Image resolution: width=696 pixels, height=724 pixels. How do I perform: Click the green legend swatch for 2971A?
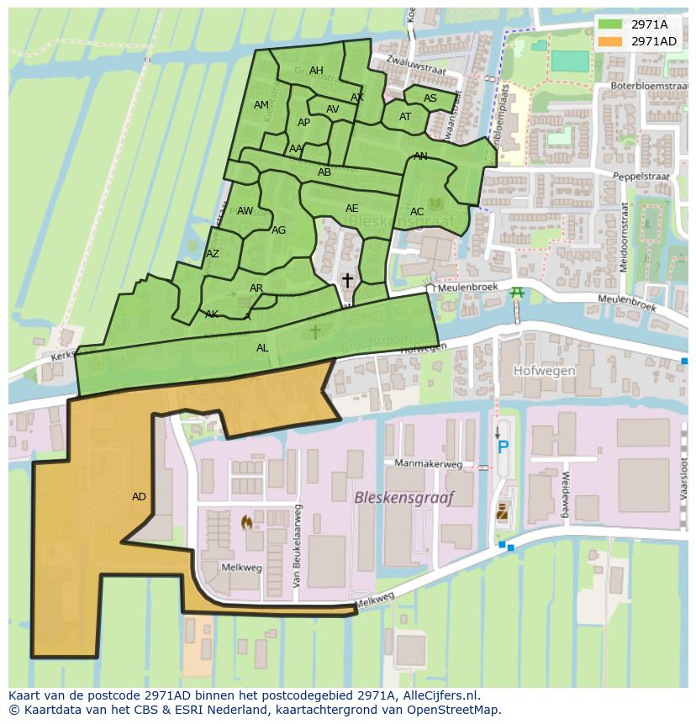[x=610, y=24]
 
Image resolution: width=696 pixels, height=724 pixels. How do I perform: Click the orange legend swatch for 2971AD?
[x=610, y=41]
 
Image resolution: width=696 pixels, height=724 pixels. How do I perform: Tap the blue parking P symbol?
[x=503, y=447]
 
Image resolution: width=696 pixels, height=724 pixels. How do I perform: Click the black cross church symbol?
[x=346, y=280]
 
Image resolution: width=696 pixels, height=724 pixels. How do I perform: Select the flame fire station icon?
[x=246, y=523]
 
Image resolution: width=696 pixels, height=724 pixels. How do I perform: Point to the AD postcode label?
[x=139, y=497]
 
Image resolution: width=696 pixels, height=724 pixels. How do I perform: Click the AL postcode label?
[x=262, y=348]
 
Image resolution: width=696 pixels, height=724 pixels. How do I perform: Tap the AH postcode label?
[x=316, y=71]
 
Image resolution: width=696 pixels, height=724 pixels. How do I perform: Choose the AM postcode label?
[x=261, y=105]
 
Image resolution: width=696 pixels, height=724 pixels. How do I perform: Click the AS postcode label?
[x=430, y=98]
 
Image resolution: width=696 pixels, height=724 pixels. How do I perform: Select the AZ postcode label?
[x=213, y=254]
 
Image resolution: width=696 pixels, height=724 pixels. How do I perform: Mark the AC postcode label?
[x=417, y=212]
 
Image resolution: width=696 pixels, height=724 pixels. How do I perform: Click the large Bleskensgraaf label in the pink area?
[x=403, y=498]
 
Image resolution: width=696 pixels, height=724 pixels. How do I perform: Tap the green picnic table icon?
[x=517, y=292]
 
